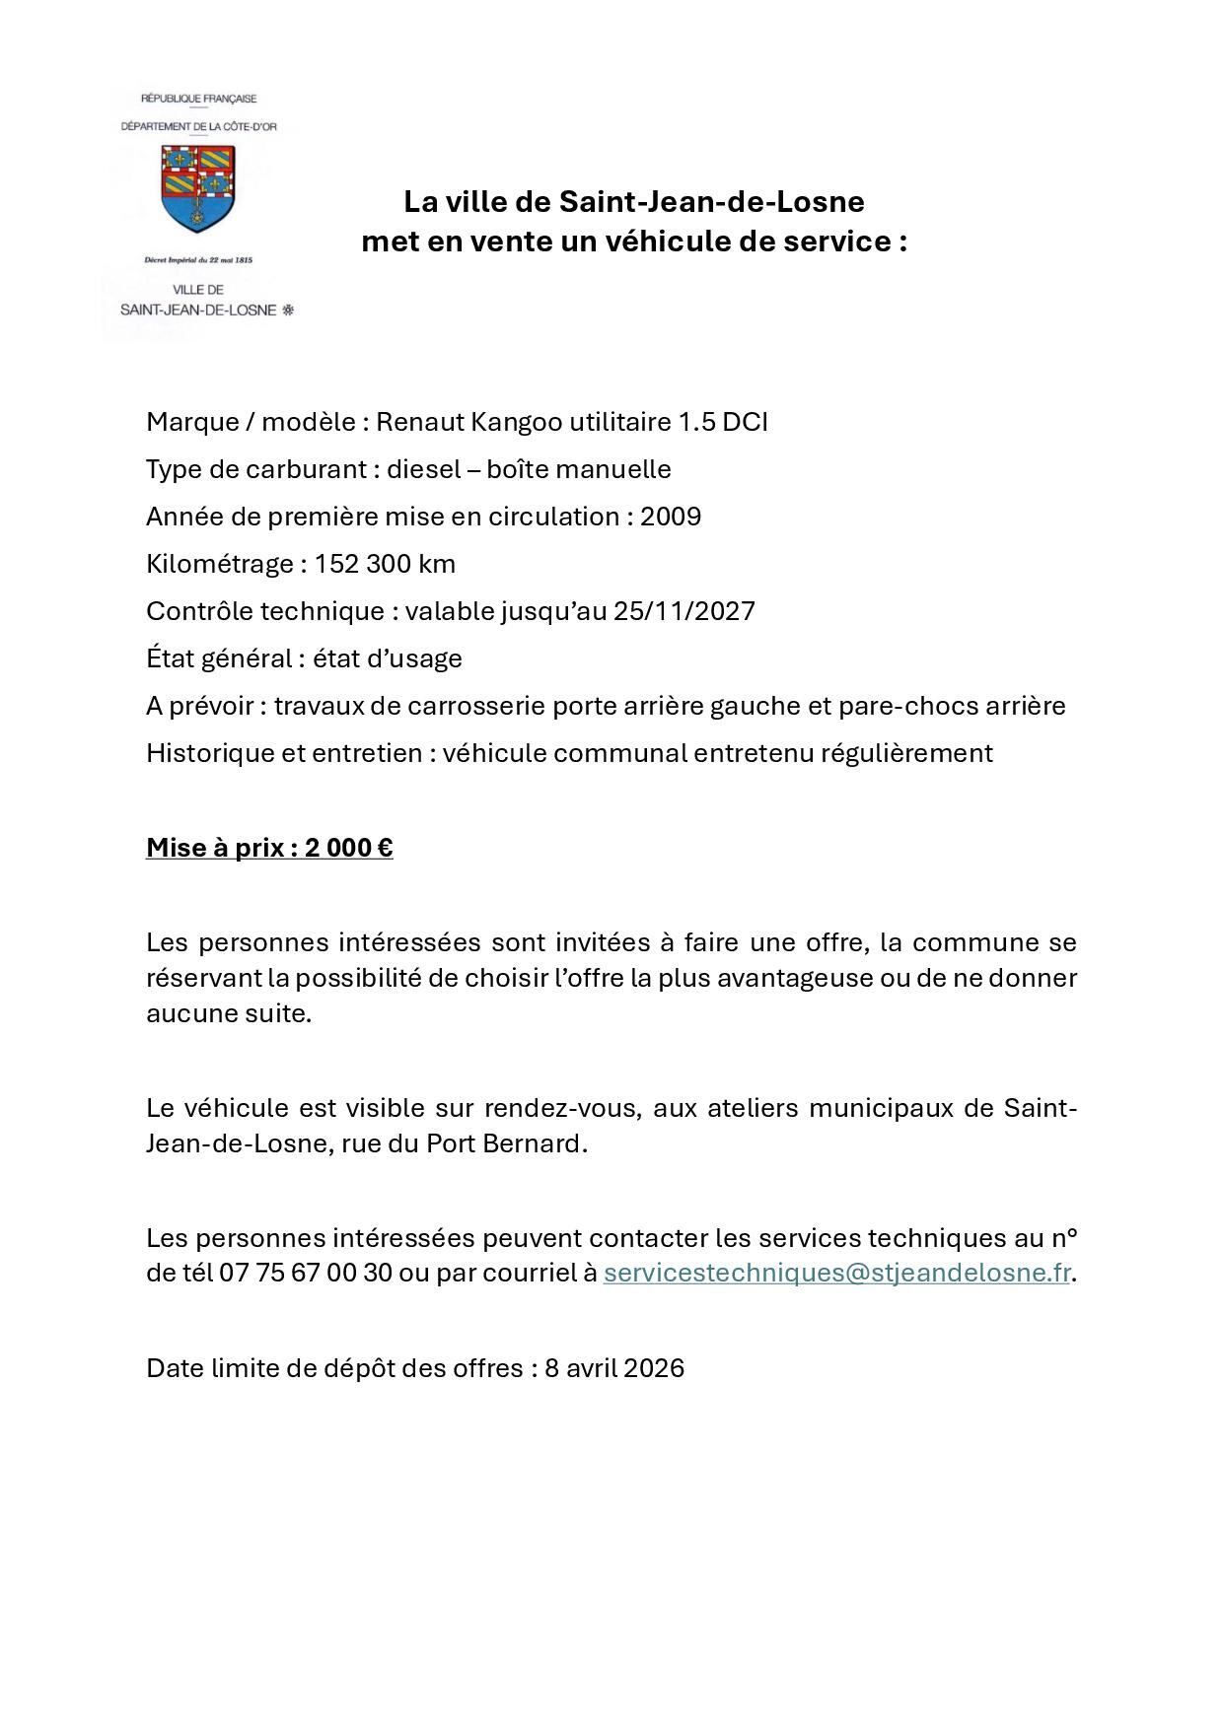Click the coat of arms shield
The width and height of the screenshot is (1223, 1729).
(198, 186)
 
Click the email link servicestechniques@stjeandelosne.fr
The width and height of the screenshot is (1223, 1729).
(836, 1273)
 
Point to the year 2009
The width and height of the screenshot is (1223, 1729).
(671, 517)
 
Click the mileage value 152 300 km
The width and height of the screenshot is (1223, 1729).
(385, 564)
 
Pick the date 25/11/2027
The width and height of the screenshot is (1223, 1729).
(684, 611)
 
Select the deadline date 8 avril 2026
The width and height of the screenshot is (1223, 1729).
(613, 1368)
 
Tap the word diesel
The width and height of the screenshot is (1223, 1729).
(423, 469)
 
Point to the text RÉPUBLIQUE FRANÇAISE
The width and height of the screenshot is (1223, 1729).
(198, 99)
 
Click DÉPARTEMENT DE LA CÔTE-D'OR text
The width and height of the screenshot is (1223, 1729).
(198, 127)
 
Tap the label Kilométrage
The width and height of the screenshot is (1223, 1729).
(220, 564)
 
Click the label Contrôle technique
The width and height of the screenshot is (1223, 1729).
(265, 611)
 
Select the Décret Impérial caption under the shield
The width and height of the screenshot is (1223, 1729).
(198, 260)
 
